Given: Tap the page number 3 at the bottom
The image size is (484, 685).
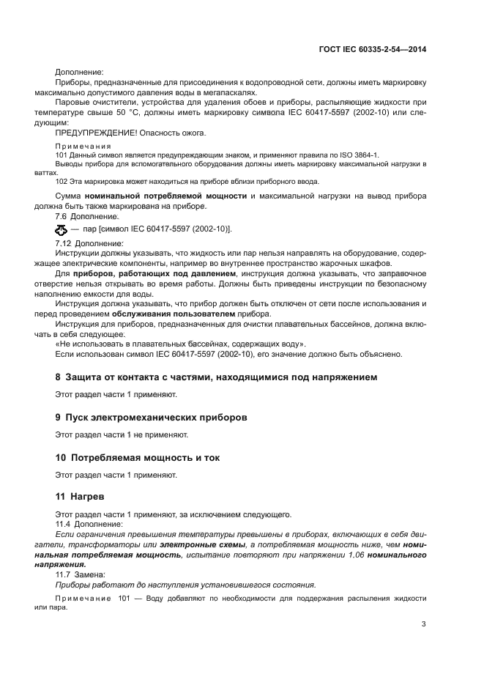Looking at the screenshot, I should (x=423, y=623).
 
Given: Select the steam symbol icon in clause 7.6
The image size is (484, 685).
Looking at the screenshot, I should (x=61, y=230).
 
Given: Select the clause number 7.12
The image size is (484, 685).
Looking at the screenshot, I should (x=64, y=242).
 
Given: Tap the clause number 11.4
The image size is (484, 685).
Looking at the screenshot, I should (x=64, y=525).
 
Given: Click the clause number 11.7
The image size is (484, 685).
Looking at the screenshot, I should (x=64, y=574).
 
